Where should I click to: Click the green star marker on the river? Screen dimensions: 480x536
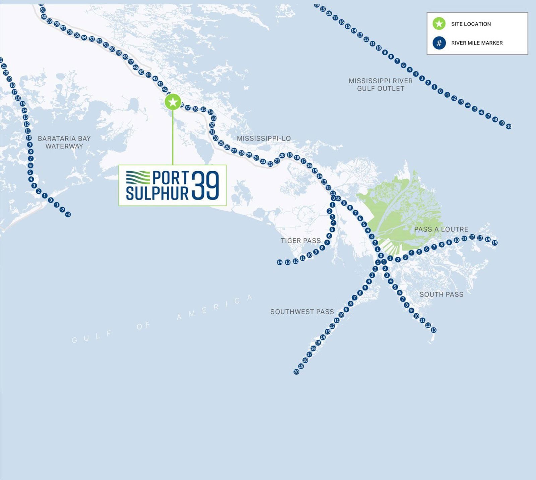(173, 102)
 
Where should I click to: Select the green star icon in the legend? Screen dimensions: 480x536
(439, 24)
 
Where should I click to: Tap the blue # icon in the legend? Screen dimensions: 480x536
(439, 43)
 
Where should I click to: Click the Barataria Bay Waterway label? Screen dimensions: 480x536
(64, 142)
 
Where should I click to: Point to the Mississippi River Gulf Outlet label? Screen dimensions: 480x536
(381, 85)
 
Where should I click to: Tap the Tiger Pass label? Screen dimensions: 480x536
(300, 241)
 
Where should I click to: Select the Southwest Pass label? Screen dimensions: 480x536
(302, 312)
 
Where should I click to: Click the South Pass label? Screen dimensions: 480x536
(441, 294)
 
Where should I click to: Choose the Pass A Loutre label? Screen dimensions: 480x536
(441, 229)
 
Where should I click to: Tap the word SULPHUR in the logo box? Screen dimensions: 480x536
(157, 193)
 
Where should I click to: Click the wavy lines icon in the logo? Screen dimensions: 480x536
(138, 177)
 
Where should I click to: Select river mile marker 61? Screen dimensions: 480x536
(43, 10)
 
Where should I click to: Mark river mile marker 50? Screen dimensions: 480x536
(112, 49)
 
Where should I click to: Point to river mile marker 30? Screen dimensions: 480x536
(215, 138)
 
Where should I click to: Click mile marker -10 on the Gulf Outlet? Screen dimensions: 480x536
(509, 127)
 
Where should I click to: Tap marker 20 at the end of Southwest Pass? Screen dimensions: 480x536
(296, 372)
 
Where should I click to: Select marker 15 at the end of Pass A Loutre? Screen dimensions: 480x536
(494, 243)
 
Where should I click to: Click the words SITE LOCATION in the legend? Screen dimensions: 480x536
(471, 24)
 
